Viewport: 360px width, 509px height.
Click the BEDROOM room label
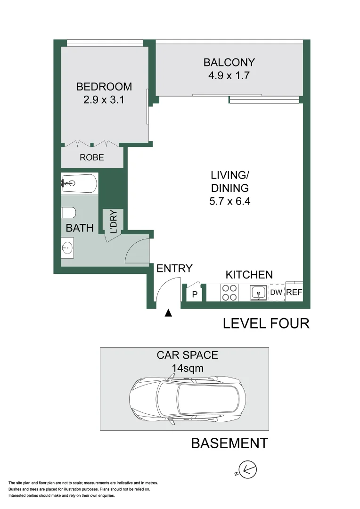pyautogui.click(x=104, y=87)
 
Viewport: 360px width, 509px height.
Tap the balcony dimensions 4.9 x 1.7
pyautogui.click(x=229, y=75)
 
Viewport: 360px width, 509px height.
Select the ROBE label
pyautogui.click(x=92, y=157)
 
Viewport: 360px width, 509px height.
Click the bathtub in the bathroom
pyautogui.click(x=79, y=183)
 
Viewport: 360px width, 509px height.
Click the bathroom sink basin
pyautogui.click(x=67, y=246)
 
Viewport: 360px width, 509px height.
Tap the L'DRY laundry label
pyautogui.click(x=114, y=222)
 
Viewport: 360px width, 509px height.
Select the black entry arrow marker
pyautogui.click(x=168, y=312)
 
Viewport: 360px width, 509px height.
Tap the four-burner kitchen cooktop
pyautogui.click(x=229, y=293)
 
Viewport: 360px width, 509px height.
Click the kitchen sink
pyautogui.click(x=258, y=293)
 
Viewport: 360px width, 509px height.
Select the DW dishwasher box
pyautogui.click(x=276, y=293)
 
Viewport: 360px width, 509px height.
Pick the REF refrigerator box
pyautogui.click(x=294, y=293)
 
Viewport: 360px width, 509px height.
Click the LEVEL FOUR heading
pyautogui.click(x=266, y=323)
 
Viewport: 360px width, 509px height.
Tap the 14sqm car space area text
pyautogui.click(x=187, y=368)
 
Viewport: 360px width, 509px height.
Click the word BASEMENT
pyautogui.click(x=229, y=443)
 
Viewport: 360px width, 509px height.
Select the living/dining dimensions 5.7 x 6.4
pyautogui.click(x=229, y=201)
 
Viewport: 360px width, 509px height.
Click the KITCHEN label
pyautogui.click(x=249, y=275)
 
